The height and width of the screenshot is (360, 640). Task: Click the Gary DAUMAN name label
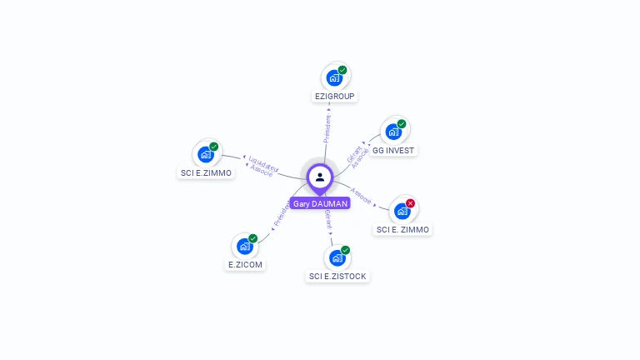click(x=320, y=203)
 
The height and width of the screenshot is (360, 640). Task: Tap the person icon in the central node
click(x=320, y=177)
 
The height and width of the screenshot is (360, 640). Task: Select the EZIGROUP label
click(x=335, y=97)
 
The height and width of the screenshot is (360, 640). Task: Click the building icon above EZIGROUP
click(x=334, y=78)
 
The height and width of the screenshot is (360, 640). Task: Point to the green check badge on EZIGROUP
click(x=342, y=70)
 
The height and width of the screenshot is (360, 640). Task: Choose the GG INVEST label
click(x=393, y=151)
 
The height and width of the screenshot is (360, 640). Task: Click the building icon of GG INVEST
click(x=393, y=132)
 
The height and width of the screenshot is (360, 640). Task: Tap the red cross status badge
click(x=410, y=203)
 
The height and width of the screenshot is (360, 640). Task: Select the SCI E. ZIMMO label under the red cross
click(x=402, y=229)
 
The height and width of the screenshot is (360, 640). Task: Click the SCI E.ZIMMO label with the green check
click(x=206, y=173)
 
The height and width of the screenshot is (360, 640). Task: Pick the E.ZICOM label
click(x=245, y=265)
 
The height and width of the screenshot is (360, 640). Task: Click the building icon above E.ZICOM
click(x=244, y=247)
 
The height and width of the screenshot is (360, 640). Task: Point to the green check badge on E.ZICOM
click(x=252, y=238)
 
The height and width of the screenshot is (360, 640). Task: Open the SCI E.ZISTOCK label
click(x=337, y=276)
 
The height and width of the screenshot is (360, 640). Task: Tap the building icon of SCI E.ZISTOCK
click(x=337, y=257)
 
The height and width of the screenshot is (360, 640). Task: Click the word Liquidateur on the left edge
click(x=263, y=161)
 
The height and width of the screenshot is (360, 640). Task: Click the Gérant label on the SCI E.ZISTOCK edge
click(x=328, y=219)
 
